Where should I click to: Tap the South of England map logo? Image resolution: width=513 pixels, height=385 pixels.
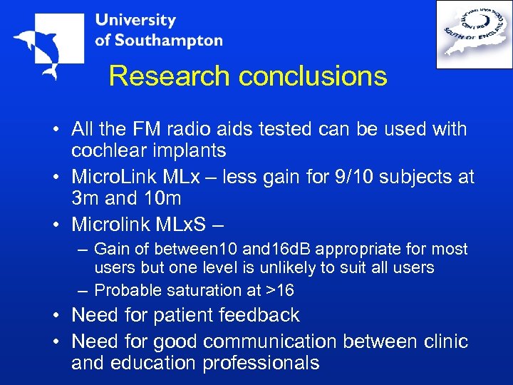click(474, 34)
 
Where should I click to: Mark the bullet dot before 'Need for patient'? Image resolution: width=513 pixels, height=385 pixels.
click(58, 316)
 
